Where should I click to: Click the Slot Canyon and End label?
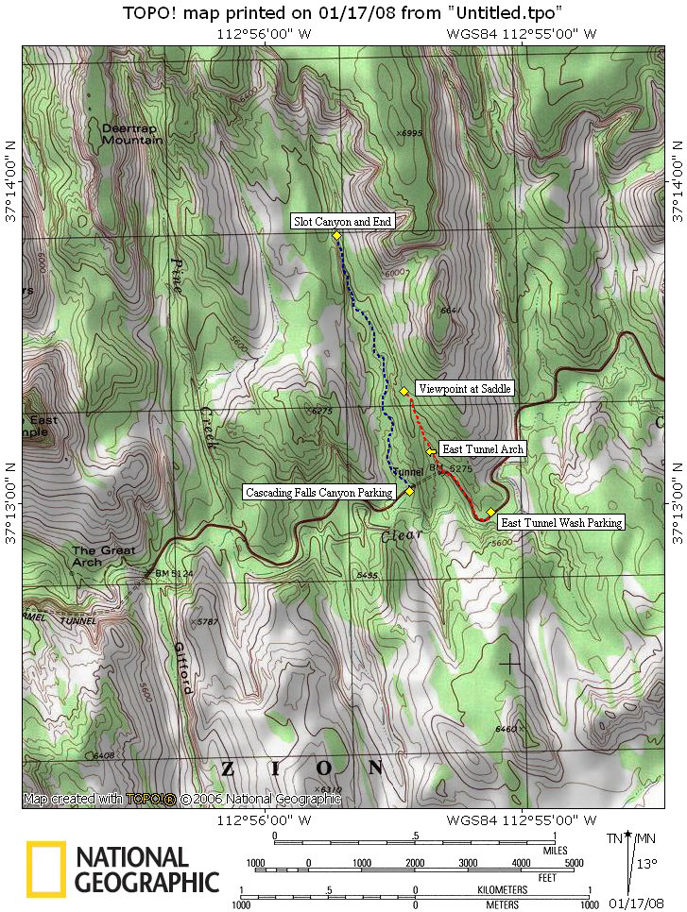342,221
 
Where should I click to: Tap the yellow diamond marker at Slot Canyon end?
337,235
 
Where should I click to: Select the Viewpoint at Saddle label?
463,389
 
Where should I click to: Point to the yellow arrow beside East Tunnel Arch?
431,450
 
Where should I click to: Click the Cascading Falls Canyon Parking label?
318,492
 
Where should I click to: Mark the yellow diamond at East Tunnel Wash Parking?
490,512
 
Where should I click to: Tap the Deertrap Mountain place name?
131,133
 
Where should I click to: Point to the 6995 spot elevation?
411,133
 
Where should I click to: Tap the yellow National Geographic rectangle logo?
45,869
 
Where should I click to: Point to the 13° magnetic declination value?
646,862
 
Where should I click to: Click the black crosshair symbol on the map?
509,663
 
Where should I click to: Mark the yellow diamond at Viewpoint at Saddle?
404,391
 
